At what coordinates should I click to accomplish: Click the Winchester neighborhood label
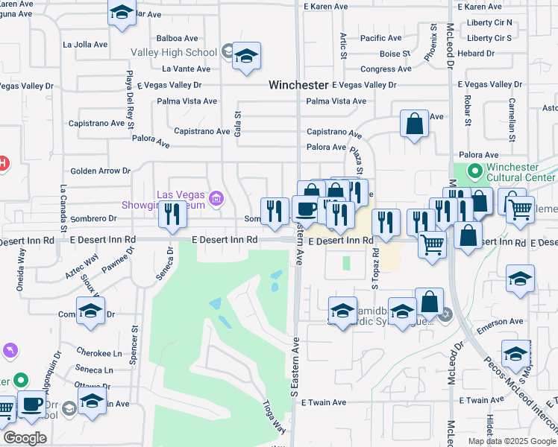point(298,86)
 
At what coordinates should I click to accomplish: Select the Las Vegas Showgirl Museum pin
point(216,198)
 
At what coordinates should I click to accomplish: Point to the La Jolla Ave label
point(86,45)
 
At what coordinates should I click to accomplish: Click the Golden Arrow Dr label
point(100,171)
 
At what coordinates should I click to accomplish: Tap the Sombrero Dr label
point(93,219)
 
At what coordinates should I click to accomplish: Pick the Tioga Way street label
point(273,417)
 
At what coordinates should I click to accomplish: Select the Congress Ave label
point(386,69)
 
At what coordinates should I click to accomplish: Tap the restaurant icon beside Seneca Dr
point(172,215)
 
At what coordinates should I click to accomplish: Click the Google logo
point(25,438)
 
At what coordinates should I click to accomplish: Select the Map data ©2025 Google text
point(512,441)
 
